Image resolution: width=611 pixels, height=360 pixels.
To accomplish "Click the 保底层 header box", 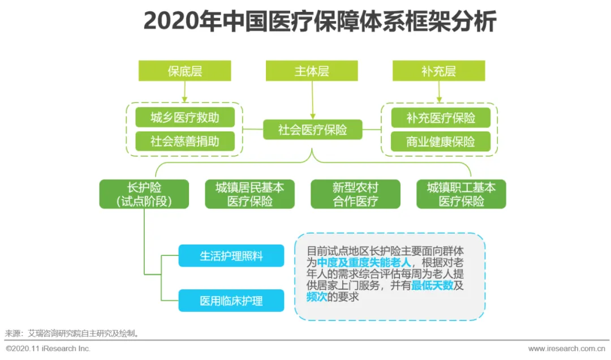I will (184, 71).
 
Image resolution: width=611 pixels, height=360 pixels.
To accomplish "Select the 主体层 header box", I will (312, 71).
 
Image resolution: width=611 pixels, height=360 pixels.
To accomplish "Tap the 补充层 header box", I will (438, 71).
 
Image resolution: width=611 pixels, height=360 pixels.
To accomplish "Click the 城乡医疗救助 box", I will (184, 118).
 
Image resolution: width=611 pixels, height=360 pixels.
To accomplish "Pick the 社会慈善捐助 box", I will (184, 141).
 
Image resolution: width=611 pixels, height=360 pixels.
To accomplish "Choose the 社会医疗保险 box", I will (312, 130).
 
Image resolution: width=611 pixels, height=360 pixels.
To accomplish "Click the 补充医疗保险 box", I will (441, 118).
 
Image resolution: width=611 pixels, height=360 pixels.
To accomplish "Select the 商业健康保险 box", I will (441, 141).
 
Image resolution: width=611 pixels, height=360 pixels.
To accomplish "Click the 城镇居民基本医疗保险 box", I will (249, 194).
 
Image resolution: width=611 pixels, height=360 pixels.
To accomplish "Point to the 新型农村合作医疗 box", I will (355, 194).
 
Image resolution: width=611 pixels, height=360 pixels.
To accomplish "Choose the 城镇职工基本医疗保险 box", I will (461, 194).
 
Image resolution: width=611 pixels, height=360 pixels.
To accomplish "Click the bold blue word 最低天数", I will (432, 286).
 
